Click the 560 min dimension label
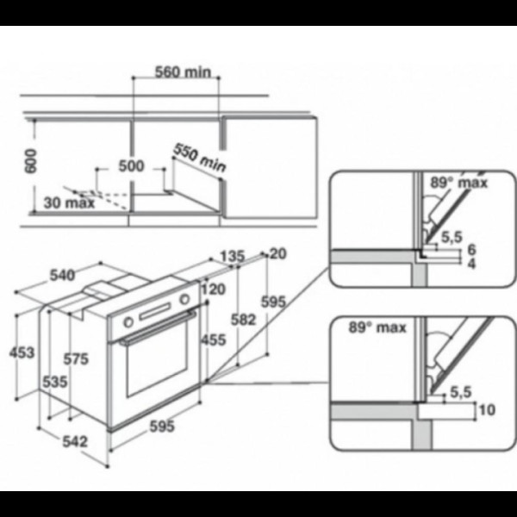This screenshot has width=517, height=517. (183, 72)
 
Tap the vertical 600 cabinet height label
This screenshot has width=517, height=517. (31, 161)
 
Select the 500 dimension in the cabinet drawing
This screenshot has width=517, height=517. (131, 165)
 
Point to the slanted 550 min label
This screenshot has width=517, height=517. (200, 158)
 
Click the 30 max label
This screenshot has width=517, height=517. (69, 202)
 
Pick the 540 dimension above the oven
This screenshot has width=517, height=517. (62, 276)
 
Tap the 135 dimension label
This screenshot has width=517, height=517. (233, 256)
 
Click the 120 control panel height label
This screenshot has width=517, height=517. (214, 290)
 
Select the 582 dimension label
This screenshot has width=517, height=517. (243, 320)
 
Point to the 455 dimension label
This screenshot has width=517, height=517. (214, 339)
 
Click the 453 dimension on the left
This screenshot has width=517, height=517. (22, 352)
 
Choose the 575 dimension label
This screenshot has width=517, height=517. (76, 358)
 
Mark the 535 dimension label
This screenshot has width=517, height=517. (55, 382)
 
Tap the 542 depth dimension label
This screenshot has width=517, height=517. (75, 441)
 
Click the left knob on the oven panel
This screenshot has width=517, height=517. (128, 322)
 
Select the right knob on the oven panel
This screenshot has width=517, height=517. (184, 299)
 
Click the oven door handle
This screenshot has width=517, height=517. (158, 327)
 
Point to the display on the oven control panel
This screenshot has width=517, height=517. (154, 312)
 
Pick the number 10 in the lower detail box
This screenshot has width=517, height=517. (487, 410)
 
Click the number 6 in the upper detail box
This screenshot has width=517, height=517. (472, 250)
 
